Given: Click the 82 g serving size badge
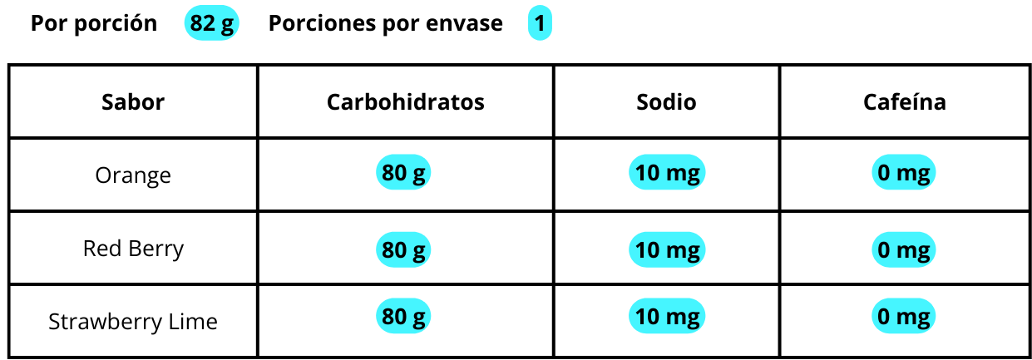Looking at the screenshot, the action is point(211,23).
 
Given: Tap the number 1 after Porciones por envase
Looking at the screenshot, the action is point(540,23).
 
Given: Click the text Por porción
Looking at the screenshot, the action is point(94,23).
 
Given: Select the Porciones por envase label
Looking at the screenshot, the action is point(386,23).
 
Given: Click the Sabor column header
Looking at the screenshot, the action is point(133,101).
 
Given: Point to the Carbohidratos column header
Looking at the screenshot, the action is point(406,101).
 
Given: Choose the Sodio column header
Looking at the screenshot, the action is point(666,101).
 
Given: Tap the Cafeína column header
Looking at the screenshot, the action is point(905,101).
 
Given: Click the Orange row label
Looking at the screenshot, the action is point(133,175).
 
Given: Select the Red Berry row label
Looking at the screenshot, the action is point(133,249).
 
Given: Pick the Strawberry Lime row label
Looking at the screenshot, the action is point(133,321).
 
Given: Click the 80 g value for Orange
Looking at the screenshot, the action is point(403,172).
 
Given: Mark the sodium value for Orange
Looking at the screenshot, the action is point(667,172).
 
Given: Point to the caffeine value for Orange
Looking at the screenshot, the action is point(903,172).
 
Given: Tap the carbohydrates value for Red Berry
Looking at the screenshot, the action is point(403,249).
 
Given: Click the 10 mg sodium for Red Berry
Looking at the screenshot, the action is point(667,249).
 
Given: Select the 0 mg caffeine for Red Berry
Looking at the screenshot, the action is point(903,249).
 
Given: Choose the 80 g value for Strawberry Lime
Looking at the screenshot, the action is point(403,316).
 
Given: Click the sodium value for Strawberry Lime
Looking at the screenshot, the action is point(667,316).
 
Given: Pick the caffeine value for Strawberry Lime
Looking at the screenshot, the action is point(903,316).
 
